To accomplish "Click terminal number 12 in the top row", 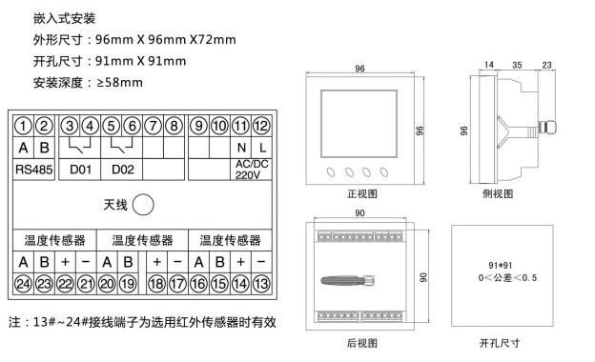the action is point(261,126).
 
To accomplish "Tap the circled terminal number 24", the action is point(23,284).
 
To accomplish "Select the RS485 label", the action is point(33,170).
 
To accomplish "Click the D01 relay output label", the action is point(80,170).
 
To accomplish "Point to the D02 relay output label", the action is point(123,170).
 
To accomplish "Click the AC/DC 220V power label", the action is point(252,170).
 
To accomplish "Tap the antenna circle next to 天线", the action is point(143,205).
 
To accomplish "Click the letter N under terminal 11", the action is point(241,148).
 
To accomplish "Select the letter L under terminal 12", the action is point(262,148).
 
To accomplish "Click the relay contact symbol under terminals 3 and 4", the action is point(80,146).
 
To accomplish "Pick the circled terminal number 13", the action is point(261,284).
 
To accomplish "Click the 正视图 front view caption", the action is point(362,194).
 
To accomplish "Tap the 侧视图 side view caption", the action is point(498,194).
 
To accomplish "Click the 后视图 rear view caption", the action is point(362,343).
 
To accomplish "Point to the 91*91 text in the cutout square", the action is point(501,266).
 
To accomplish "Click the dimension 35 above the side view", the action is point(517,65).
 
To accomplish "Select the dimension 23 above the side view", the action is point(546,65).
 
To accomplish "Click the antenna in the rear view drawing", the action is point(348,280).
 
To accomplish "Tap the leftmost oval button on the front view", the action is point(331,172).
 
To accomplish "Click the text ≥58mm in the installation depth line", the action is point(120,82).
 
